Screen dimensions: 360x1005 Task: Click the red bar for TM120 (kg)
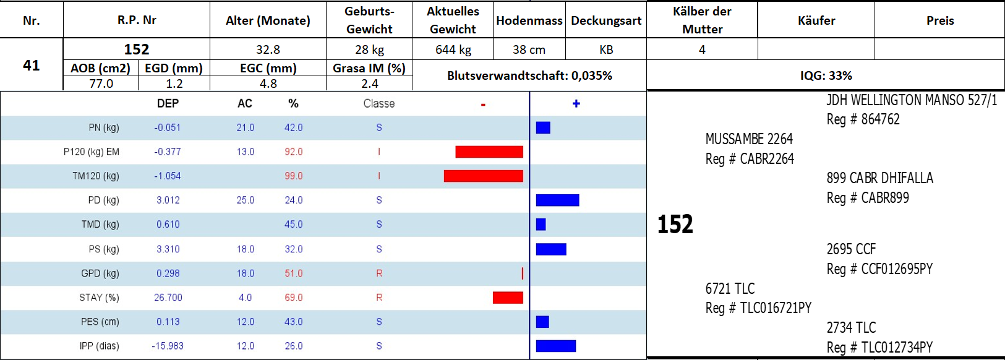483,176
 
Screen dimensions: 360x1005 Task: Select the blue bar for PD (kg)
557,200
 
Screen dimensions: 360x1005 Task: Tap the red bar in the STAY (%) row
508,298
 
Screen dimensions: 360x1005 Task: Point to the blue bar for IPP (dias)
555,346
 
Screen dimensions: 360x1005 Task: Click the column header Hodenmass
529,20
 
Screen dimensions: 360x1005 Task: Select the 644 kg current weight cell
453,49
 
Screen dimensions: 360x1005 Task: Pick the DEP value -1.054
168,176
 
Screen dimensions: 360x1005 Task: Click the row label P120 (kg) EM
91,152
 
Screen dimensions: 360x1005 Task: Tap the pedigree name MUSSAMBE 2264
748,139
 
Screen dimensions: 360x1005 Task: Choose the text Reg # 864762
863,119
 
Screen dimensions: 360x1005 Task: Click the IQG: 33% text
826,75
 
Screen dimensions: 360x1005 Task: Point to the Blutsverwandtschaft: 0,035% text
529,75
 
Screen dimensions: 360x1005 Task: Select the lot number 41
32,65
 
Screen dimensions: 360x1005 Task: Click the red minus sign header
483,104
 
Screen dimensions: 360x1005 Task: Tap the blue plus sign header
576,104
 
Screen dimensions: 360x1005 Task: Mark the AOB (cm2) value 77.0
101,84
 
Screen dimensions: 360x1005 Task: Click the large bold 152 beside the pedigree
675,224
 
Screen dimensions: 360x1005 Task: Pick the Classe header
378,104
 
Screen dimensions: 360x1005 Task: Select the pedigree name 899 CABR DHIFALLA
879,178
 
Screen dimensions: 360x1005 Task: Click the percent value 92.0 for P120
293,152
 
